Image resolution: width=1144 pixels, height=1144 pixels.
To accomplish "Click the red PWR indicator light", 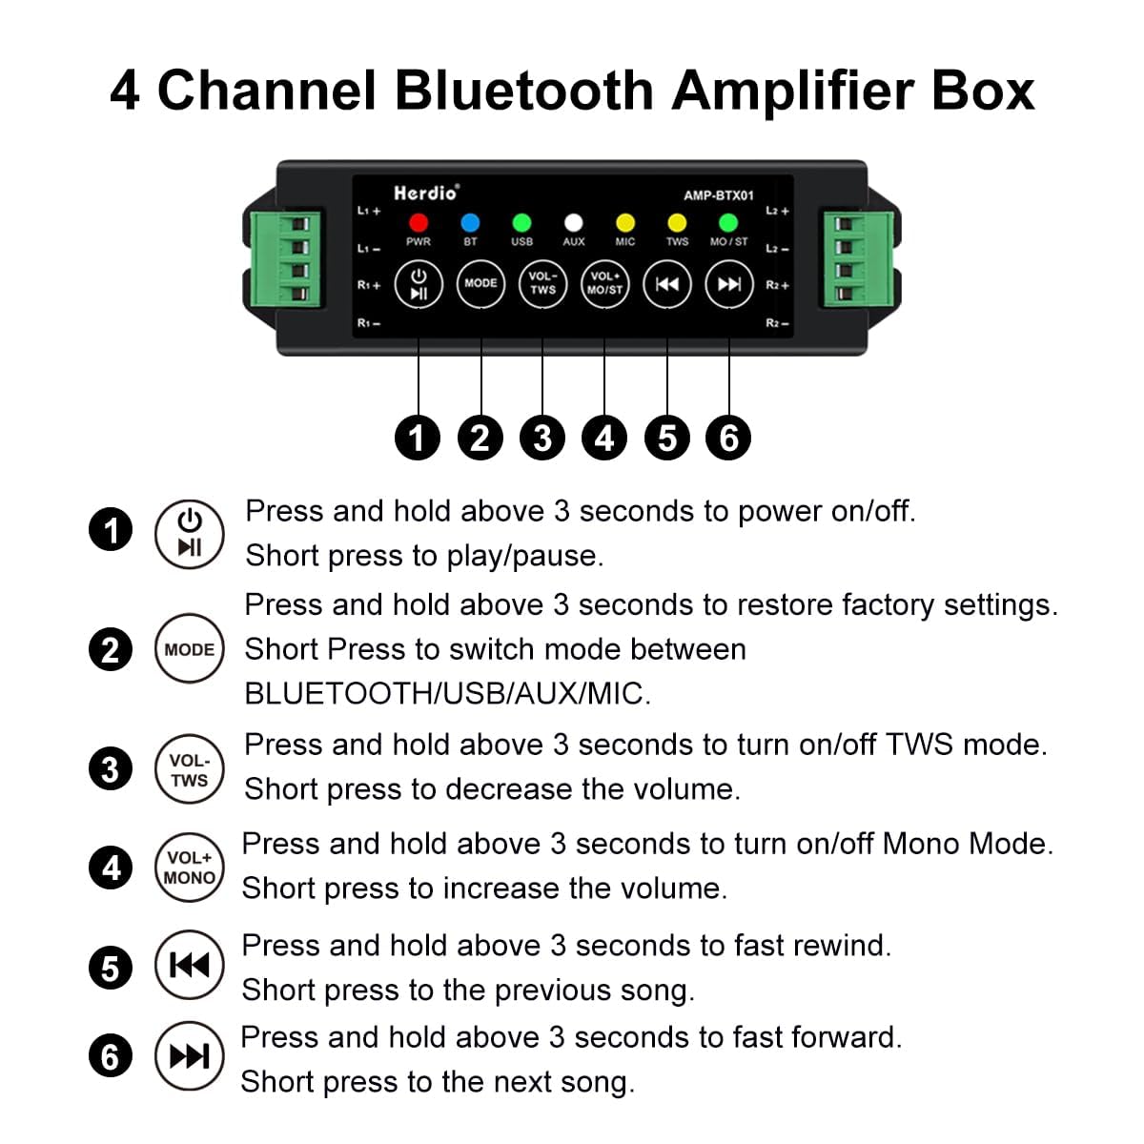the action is [x=418, y=223].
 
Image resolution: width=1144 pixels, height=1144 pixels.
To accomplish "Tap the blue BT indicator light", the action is [x=470, y=223].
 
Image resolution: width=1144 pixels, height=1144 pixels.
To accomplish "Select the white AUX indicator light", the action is [x=573, y=223].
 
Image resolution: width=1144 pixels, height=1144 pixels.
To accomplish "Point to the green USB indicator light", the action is [x=521, y=223].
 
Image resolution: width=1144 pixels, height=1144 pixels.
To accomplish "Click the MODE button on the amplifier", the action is [x=480, y=284].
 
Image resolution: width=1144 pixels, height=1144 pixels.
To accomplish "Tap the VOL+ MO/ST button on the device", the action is [x=604, y=284].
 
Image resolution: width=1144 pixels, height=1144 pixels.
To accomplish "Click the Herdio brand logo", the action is [x=426, y=193].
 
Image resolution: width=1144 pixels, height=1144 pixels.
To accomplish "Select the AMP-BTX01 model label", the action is [x=719, y=195].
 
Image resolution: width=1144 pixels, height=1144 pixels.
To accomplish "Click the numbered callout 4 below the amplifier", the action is [x=604, y=439].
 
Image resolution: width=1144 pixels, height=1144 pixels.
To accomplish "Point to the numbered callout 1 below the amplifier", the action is [x=418, y=439].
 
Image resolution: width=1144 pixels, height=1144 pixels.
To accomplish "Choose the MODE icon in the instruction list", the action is [x=190, y=648].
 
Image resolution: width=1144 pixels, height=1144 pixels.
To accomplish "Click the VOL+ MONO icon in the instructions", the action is [x=190, y=868].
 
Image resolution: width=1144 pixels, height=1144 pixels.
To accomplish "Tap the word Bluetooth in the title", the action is [x=523, y=91].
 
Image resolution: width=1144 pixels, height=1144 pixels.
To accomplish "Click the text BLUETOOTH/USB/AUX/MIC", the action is [x=448, y=693].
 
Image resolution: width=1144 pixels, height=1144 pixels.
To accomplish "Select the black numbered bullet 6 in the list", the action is [x=111, y=1056].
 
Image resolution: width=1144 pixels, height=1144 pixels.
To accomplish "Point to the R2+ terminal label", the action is [x=777, y=286].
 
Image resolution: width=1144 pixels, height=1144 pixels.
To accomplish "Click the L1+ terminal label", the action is [x=369, y=211].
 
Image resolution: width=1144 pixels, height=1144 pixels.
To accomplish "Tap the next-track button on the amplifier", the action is [x=729, y=284].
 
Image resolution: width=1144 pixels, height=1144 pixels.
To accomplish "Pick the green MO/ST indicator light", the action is [x=727, y=223].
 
